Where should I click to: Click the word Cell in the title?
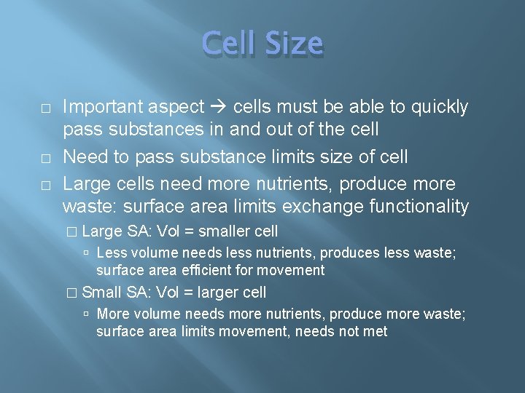coord(227,44)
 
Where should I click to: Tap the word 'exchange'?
coord(317,207)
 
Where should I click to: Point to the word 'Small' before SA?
coord(102,293)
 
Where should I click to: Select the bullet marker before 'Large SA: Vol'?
coord(71,232)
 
